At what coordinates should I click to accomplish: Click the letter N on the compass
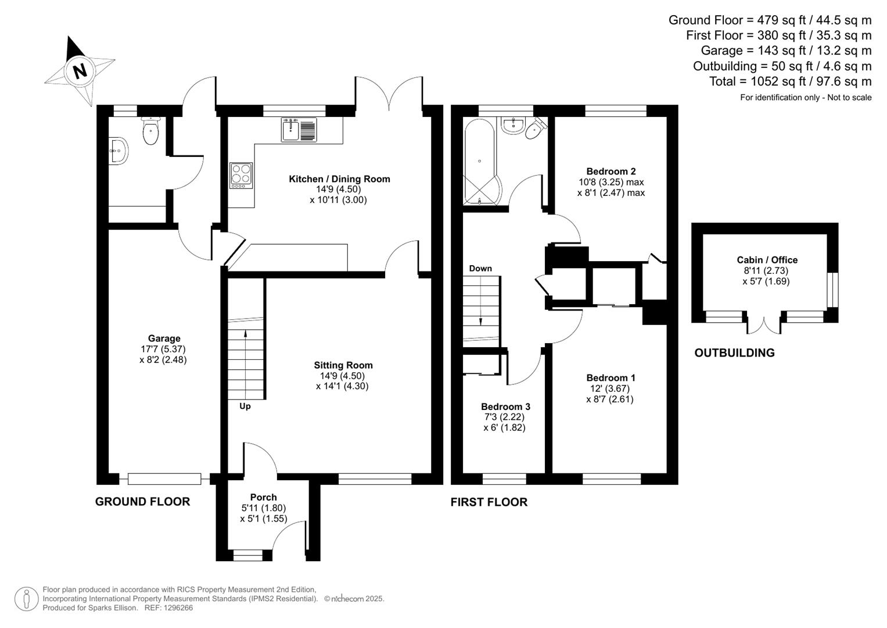(79, 71)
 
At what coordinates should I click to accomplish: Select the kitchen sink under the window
(299, 129)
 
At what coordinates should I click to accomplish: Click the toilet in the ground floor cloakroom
(150, 131)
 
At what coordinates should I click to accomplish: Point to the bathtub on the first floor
(480, 161)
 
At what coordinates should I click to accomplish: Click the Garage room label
(164, 338)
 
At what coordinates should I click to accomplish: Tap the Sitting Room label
(343, 365)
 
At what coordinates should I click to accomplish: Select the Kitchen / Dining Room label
(339, 179)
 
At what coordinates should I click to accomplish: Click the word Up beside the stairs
(245, 406)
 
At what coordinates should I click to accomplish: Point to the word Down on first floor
(480, 268)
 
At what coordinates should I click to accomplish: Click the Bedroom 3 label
(505, 406)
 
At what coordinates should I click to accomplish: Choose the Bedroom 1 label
(611, 377)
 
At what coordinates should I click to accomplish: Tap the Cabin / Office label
(767, 260)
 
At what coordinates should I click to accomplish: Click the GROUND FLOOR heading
(142, 501)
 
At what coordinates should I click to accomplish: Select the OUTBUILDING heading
(734, 352)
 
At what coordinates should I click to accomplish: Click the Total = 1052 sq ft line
(790, 81)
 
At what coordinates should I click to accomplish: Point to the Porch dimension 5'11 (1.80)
(264, 508)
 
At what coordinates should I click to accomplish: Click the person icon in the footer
(26, 599)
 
